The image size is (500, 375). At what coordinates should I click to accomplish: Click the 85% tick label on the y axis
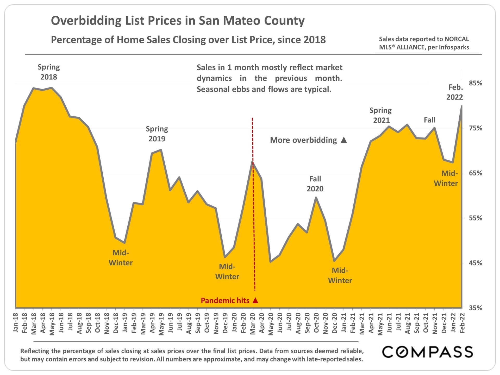pos(475,83)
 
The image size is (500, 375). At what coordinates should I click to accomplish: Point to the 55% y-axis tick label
pos(475,218)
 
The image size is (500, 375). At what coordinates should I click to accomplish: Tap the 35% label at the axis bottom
pos(475,308)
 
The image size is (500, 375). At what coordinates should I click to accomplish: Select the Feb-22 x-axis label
pos(462,323)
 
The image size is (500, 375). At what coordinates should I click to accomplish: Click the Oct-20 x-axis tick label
pos(316,323)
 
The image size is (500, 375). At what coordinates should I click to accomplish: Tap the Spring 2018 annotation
pos(49,72)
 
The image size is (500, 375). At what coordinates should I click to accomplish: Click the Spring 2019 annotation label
pos(157,134)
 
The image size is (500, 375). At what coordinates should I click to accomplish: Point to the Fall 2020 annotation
pos(315,184)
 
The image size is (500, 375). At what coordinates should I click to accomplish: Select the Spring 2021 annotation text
pos(381,115)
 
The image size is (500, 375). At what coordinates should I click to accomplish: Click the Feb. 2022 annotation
pos(455,92)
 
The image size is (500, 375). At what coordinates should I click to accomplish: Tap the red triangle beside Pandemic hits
pos(255,300)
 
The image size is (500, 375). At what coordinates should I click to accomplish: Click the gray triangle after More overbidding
pos(344,140)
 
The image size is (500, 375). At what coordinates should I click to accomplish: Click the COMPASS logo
pos(427,352)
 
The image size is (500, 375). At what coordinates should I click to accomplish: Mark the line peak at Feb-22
pos(462,106)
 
